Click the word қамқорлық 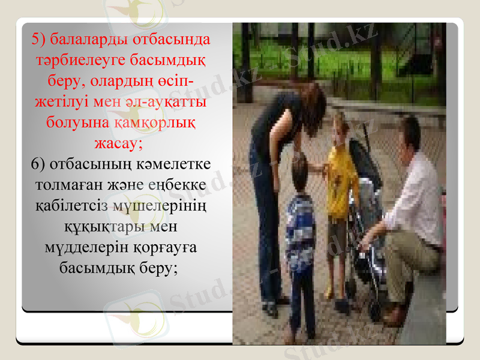(158, 121)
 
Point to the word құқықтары (103, 227)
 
